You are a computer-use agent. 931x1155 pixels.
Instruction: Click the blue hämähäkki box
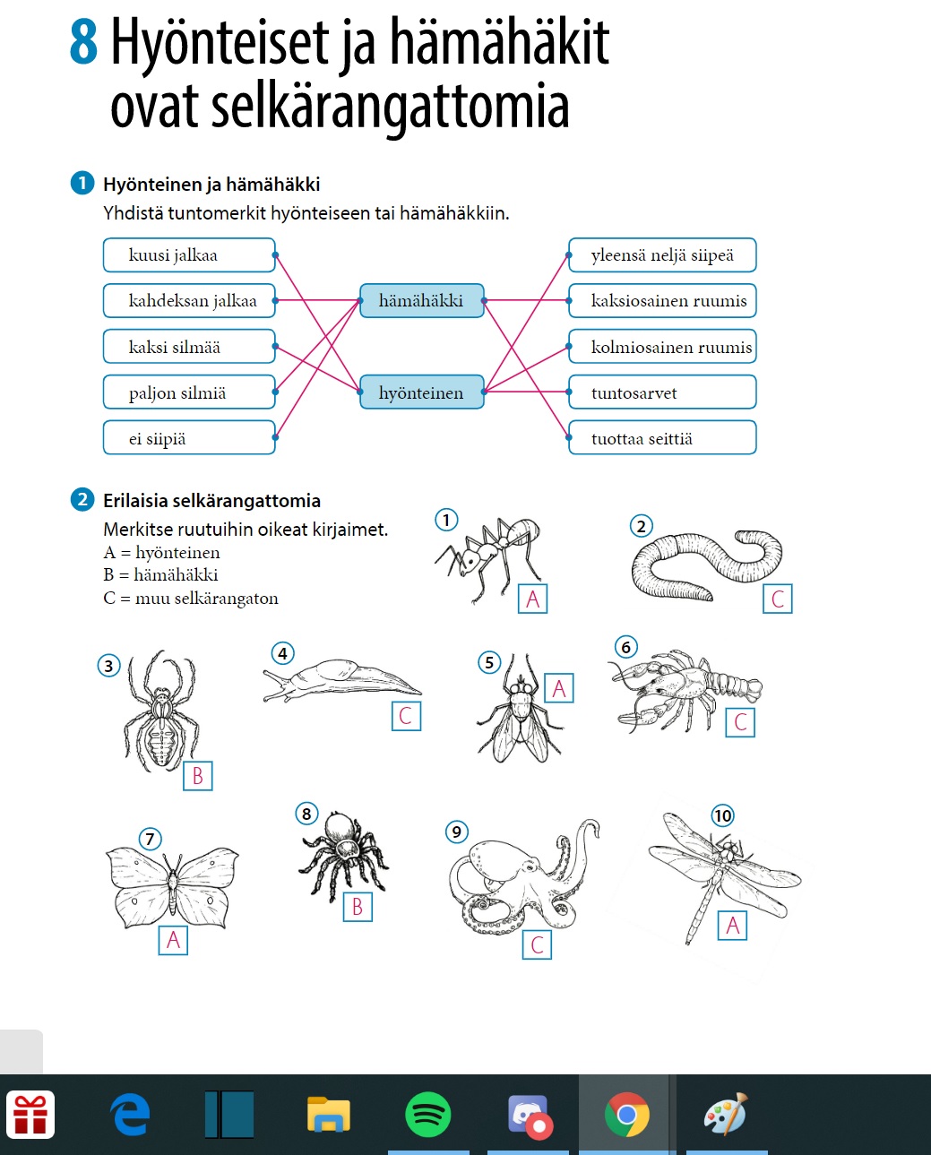[x=421, y=301]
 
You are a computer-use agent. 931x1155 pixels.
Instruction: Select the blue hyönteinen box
[x=421, y=392]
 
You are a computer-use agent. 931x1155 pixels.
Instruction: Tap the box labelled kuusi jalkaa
[x=189, y=255]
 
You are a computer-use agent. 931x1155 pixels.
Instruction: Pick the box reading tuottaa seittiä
[x=662, y=438]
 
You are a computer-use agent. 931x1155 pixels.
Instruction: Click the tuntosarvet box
[x=662, y=392]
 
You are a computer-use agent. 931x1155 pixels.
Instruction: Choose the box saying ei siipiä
[x=189, y=438]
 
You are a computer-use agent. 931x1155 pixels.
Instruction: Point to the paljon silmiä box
[x=189, y=392]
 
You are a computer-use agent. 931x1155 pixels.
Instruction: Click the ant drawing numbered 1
[x=488, y=556]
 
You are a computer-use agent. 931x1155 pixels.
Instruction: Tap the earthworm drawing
[x=703, y=565]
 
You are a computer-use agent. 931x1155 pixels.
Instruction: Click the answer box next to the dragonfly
[x=732, y=926]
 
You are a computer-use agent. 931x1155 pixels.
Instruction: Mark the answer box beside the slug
[x=406, y=716]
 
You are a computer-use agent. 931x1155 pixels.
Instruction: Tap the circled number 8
[x=306, y=814]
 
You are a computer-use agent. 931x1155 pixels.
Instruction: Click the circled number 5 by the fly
[x=488, y=663]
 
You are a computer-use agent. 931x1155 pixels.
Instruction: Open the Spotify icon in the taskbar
[x=427, y=1116]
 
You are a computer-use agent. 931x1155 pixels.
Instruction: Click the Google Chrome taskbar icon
[x=626, y=1116]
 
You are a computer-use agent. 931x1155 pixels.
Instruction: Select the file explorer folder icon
[x=328, y=1116]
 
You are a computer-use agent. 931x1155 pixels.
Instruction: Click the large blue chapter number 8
[x=83, y=43]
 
